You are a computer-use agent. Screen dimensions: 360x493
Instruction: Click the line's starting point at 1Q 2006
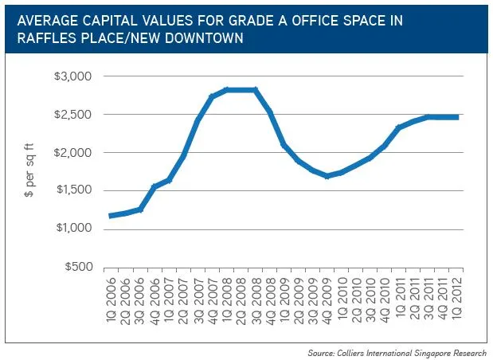pos(111,216)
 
